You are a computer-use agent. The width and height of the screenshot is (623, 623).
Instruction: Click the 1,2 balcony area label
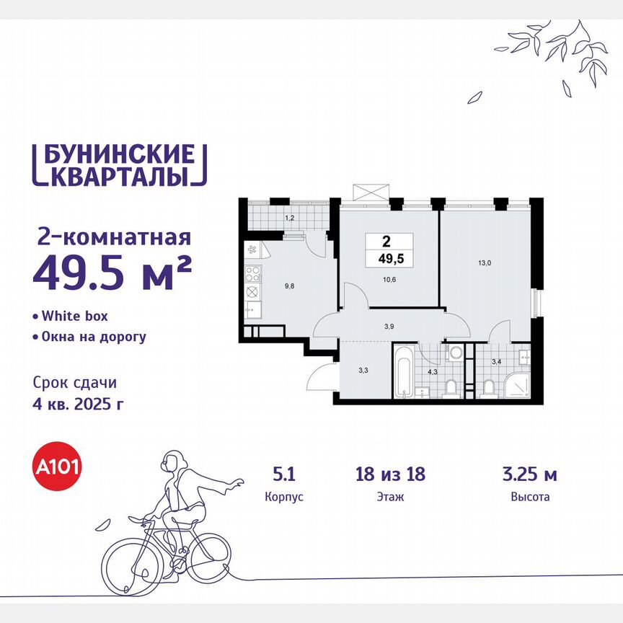coord(289,216)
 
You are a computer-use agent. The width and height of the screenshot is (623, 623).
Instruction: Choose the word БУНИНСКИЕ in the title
coord(115,154)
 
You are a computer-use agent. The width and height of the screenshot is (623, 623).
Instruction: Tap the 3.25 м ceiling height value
coord(529,474)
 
